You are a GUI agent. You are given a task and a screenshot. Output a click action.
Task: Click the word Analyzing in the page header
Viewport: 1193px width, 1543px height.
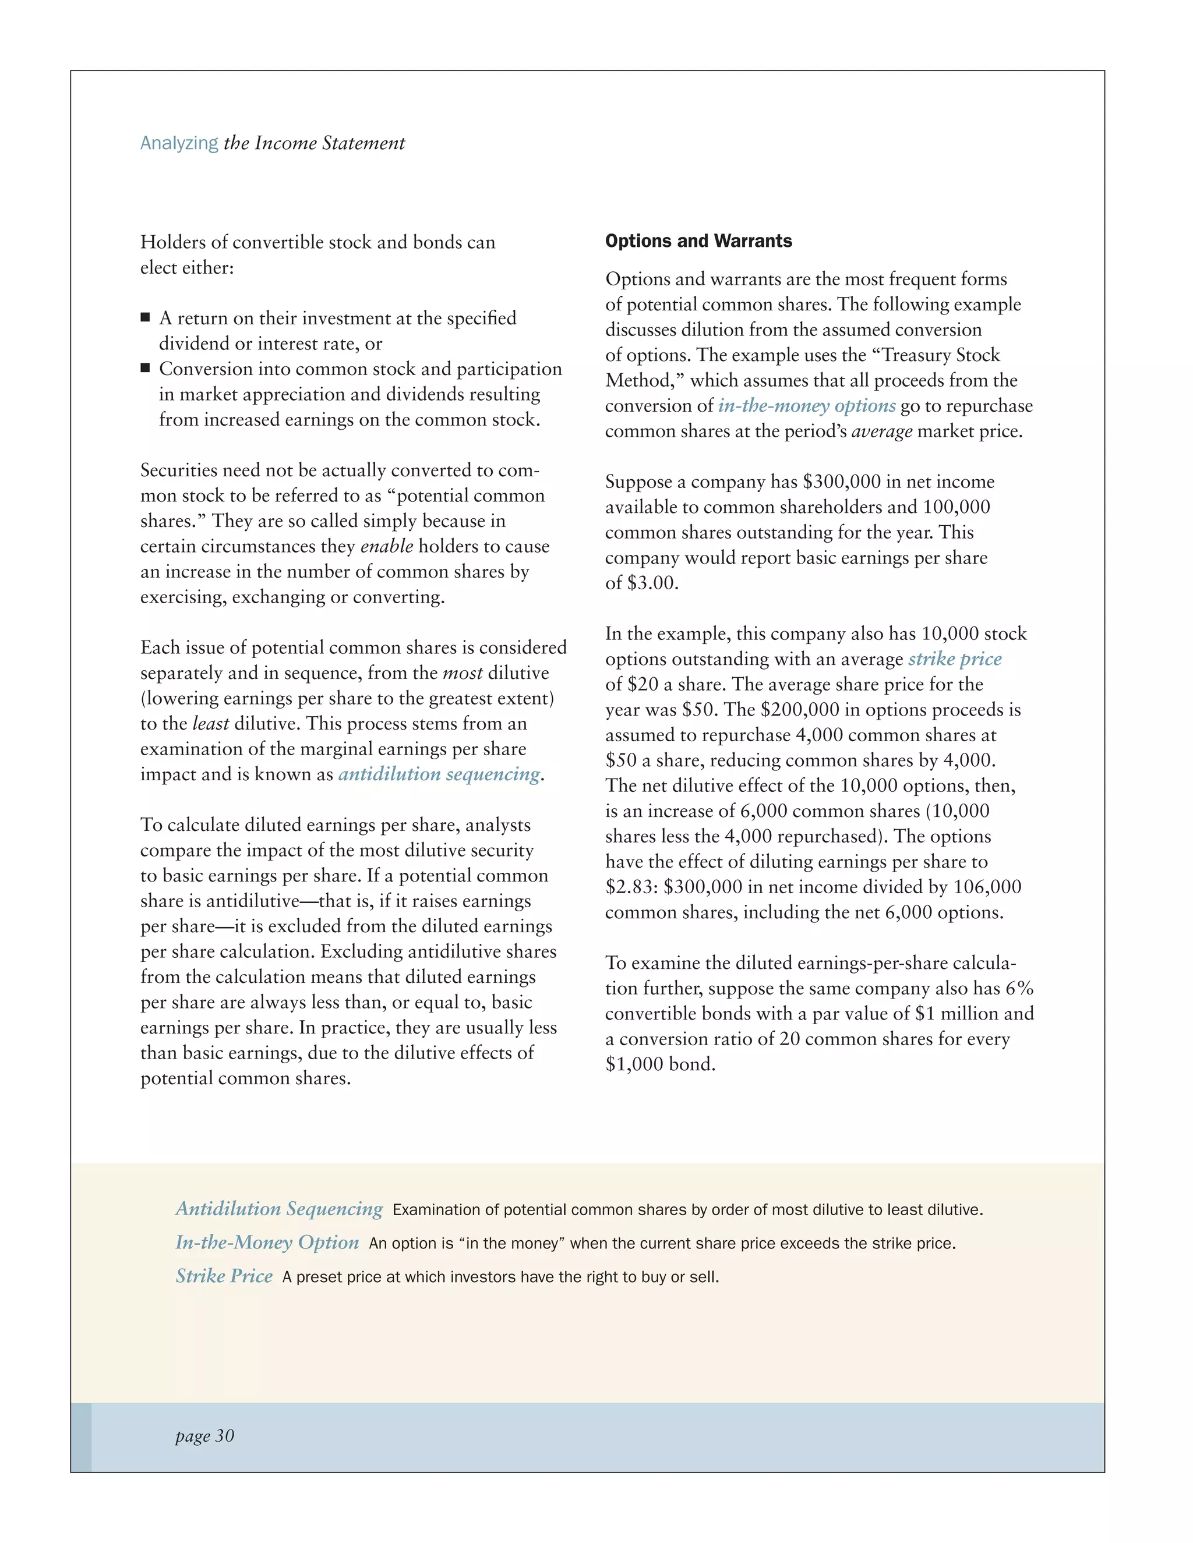[x=179, y=143]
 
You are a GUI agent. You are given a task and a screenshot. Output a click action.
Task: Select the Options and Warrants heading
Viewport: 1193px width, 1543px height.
[x=698, y=241]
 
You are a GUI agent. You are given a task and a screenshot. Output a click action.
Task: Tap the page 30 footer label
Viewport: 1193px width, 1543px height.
[x=204, y=1436]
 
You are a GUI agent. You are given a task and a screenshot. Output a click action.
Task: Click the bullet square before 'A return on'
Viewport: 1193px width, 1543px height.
[x=145, y=318]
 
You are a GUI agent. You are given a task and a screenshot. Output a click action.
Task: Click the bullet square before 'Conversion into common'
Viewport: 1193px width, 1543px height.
[x=145, y=368]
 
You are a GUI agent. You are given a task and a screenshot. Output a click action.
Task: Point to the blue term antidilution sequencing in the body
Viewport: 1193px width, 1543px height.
[x=439, y=774]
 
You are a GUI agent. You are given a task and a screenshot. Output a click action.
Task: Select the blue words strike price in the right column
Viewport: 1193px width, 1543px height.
[x=954, y=659]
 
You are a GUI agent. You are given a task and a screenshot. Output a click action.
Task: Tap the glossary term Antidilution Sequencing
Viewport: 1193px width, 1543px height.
[x=279, y=1209]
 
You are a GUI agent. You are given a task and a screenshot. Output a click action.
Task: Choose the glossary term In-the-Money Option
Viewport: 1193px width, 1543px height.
[x=267, y=1243]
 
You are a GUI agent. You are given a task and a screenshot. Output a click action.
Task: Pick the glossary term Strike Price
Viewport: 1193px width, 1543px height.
[x=224, y=1276]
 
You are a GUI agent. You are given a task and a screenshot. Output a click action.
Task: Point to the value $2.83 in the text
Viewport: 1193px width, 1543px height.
[x=630, y=887]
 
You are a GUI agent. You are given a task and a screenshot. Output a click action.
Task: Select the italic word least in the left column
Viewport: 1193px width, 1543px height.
[x=211, y=724]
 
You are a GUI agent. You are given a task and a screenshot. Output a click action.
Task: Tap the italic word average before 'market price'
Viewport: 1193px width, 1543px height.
[x=881, y=431]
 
